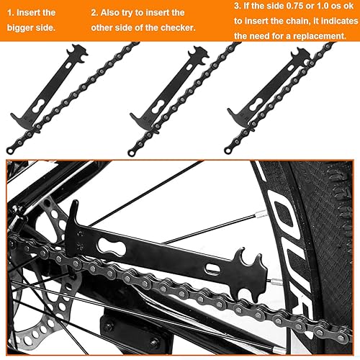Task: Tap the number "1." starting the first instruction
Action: (12, 12)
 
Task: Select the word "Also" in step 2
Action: (115, 12)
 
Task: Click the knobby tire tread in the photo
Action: (338, 216)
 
